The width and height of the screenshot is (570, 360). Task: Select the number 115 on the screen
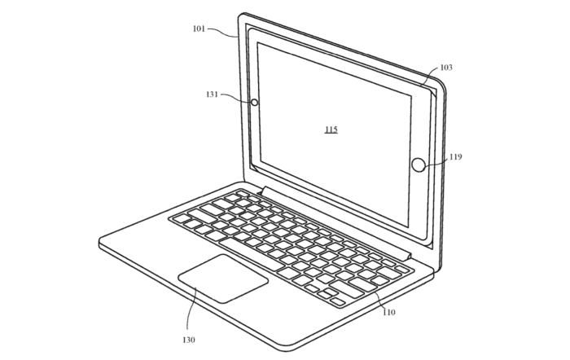pos(330,130)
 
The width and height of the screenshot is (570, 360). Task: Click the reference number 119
pos(456,156)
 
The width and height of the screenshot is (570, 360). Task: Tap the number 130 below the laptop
pos(189,339)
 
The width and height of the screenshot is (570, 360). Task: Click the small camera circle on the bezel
pos(253,103)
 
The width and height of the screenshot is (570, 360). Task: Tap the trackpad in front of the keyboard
pos(223,277)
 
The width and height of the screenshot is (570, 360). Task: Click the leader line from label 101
pos(224,31)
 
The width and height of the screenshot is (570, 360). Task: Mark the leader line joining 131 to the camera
pos(237,98)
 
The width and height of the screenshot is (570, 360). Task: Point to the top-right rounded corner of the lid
pos(445,82)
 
